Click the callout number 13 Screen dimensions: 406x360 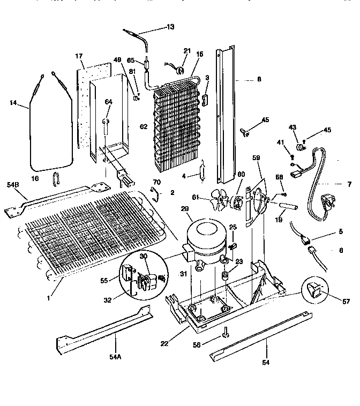(170, 26)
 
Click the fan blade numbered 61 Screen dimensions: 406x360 (218, 199)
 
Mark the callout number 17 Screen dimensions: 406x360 (79, 56)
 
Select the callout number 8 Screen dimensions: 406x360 (259, 79)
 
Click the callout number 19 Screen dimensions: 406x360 (294, 219)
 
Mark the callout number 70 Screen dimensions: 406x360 (156, 182)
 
